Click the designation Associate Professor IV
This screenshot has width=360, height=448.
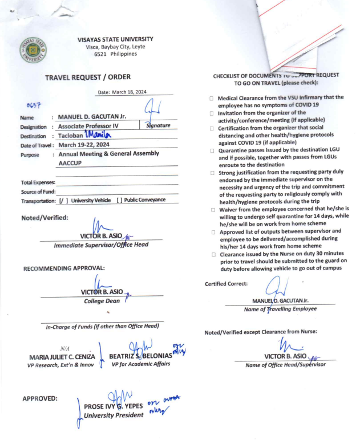tap(94, 127)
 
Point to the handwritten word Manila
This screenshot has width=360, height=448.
tap(100, 135)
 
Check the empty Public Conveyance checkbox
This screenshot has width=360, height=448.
tap(120, 201)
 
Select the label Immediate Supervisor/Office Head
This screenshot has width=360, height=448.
tap(101, 245)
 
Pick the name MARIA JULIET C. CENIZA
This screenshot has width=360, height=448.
tap(62, 357)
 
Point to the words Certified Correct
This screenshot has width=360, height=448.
tap(226, 283)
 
